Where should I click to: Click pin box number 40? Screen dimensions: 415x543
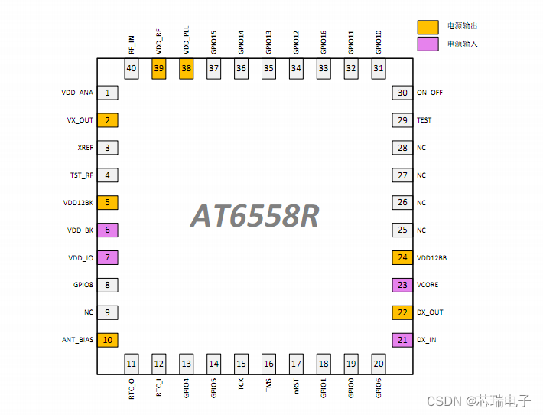point(132,68)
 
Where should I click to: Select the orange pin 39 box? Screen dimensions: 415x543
point(159,68)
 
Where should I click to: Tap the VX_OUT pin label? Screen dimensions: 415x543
point(80,120)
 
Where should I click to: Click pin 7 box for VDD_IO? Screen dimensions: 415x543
point(107,257)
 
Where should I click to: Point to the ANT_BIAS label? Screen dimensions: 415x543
point(78,340)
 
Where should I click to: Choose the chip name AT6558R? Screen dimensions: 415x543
point(255,217)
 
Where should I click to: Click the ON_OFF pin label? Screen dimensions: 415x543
point(430,93)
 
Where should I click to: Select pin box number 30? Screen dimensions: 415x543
point(402,93)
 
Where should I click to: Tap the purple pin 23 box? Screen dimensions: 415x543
point(402,285)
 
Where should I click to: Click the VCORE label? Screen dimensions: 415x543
point(428,285)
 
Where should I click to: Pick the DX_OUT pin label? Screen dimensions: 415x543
point(430,312)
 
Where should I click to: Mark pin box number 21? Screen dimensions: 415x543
point(402,340)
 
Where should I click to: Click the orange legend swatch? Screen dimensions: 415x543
point(428,27)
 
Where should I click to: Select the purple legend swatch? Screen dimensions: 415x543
point(428,44)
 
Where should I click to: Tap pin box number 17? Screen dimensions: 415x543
point(296,364)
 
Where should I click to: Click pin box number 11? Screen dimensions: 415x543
point(132,364)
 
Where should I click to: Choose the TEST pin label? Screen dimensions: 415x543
point(424,120)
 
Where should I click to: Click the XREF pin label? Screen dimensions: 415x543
point(84,148)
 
